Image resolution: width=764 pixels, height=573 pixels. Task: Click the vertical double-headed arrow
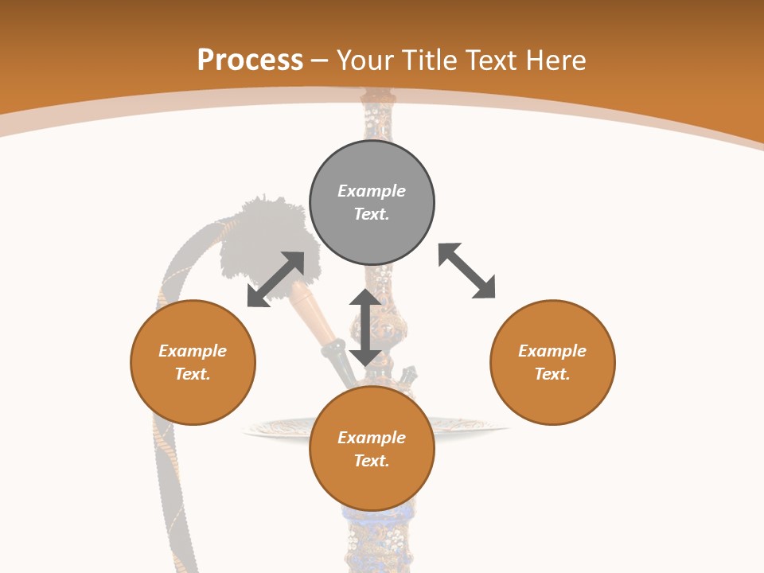coord(365,327)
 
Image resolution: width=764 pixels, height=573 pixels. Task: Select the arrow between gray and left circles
coord(276,279)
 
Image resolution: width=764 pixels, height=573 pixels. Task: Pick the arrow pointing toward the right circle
coord(467,271)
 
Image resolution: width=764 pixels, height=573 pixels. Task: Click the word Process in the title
coord(250,60)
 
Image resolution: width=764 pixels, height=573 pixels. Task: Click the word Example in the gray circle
coord(372,191)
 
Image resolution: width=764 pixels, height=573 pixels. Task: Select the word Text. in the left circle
coord(193,374)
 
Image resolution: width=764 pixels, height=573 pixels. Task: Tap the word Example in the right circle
coord(552,351)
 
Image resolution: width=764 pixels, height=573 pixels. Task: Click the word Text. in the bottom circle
coord(372,461)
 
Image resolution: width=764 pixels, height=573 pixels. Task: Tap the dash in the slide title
coord(319,60)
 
